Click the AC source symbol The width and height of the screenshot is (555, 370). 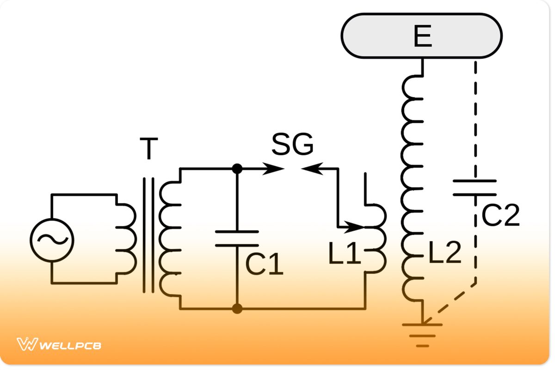[x=52, y=239]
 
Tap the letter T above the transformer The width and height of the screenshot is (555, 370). [x=148, y=148]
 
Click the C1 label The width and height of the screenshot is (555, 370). [x=264, y=265]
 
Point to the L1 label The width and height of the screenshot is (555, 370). [x=345, y=254]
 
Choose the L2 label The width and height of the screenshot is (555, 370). [x=444, y=253]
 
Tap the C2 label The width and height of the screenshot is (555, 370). [x=501, y=215]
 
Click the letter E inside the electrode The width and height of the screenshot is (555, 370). [x=422, y=36]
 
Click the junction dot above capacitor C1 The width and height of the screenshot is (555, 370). [x=237, y=169]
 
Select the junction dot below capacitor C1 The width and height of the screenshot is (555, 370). [x=237, y=308]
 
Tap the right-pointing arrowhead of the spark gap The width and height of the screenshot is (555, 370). [x=276, y=169]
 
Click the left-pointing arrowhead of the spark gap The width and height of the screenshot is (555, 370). [x=310, y=169]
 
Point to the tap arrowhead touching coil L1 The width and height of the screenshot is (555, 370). [x=356, y=227]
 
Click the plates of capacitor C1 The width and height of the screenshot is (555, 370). [x=237, y=238]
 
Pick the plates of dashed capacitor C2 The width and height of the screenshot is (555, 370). [x=475, y=188]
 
